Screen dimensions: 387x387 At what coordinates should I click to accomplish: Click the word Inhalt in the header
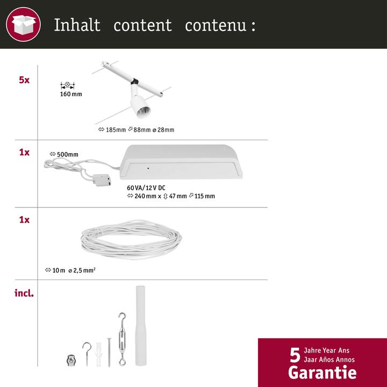pos(77,25)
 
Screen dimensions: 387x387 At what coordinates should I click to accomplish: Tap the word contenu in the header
pos(214,25)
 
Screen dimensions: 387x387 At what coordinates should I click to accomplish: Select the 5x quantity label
pos(24,80)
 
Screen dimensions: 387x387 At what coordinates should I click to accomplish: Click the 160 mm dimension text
pos(71,94)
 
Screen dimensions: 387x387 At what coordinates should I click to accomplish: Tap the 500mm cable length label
pos(64,155)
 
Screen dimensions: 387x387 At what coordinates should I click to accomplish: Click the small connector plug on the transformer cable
pos(101,181)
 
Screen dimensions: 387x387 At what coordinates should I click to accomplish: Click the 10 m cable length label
pos(56,270)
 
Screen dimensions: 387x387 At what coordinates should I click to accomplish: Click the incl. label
pos(24,293)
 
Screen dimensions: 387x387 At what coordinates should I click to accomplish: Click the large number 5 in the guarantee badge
pos(295,355)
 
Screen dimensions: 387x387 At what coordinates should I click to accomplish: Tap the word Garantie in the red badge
pos(322,372)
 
